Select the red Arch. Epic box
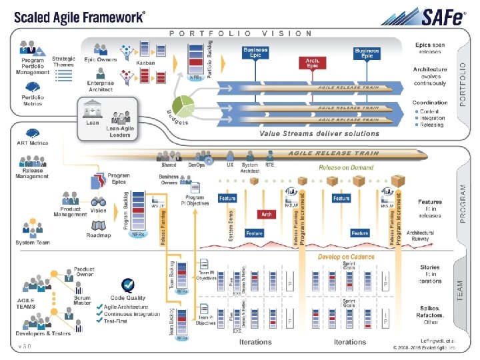click(x=312, y=63)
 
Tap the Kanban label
click(x=145, y=62)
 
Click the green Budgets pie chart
click(x=184, y=105)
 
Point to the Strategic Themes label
click(x=64, y=62)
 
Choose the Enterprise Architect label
click(x=100, y=86)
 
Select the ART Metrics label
click(x=32, y=143)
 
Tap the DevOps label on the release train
click(x=197, y=165)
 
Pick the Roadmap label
click(x=98, y=235)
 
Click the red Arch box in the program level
click(x=267, y=215)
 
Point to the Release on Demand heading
click(x=346, y=168)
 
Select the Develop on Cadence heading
click(x=346, y=257)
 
